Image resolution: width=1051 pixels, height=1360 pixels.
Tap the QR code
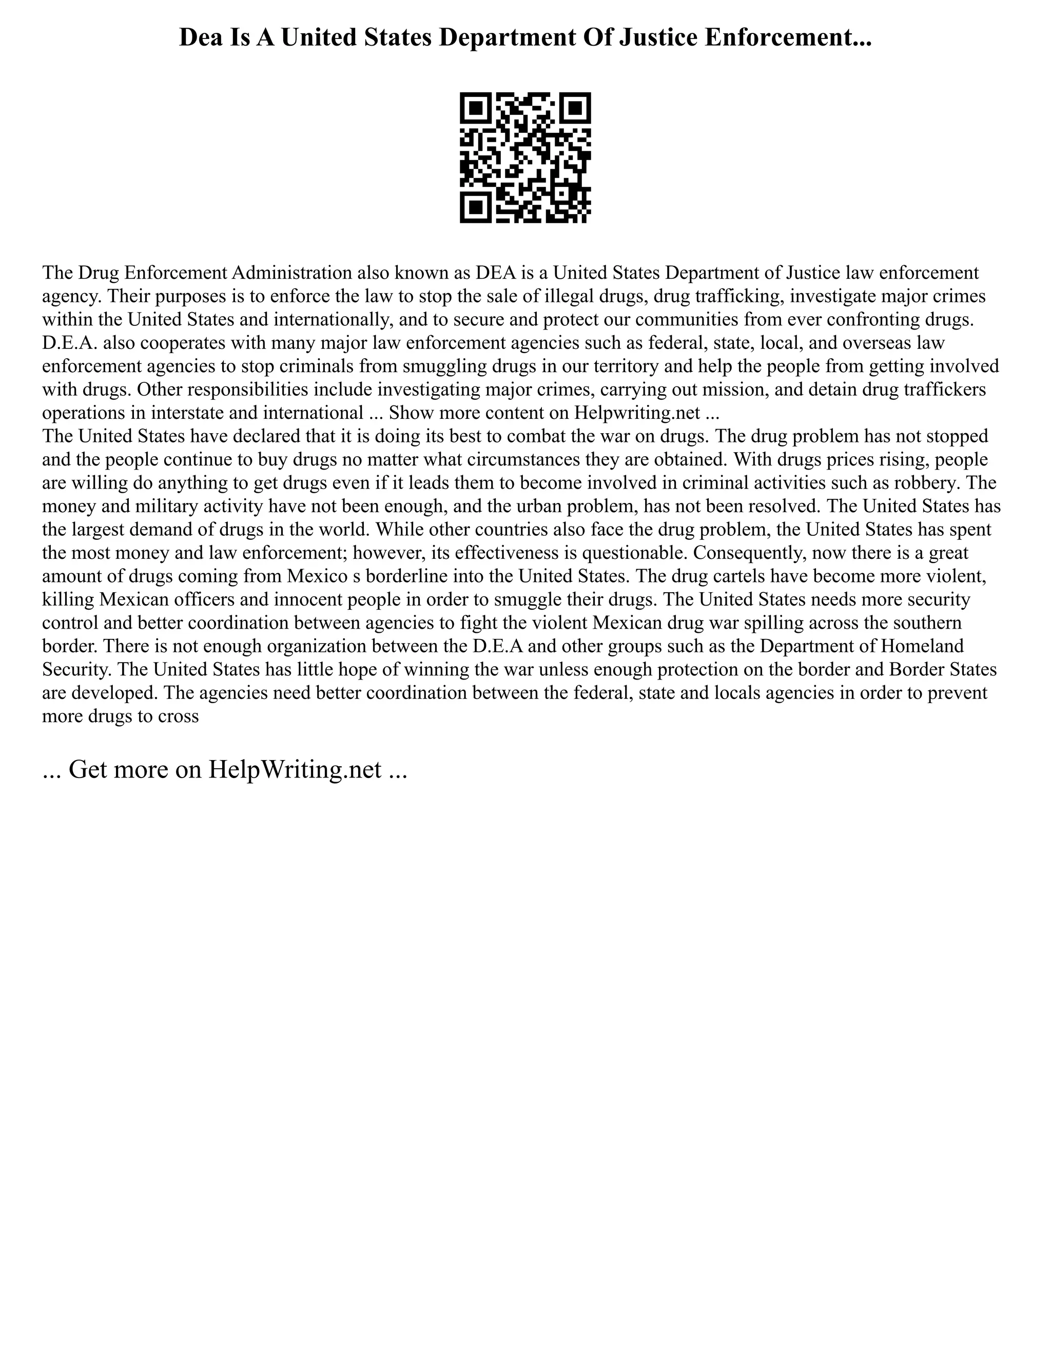[x=525, y=158]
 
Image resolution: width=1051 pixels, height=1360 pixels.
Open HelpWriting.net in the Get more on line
[x=294, y=770]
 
